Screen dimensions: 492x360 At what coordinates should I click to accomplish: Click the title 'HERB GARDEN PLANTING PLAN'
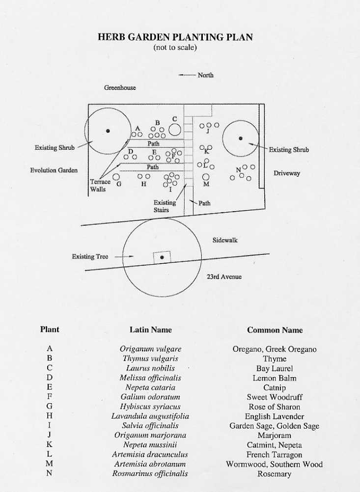coord(175,38)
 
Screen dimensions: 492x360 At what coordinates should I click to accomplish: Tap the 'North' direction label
coord(205,75)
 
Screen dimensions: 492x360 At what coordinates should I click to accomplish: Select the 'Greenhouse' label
coord(120,88)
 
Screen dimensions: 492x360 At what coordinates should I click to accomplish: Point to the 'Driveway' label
coord(287,173)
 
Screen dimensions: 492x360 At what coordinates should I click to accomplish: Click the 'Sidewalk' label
coord(225,240)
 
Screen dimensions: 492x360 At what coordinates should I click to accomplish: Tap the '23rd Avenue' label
coord(224,276)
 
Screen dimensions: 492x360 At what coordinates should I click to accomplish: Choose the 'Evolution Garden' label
coord(54,170)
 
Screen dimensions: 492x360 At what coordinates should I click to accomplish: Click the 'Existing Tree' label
coord(90,256)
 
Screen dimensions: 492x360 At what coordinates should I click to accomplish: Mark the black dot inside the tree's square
coord(162,257)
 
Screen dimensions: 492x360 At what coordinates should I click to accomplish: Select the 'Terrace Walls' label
coord(100,186)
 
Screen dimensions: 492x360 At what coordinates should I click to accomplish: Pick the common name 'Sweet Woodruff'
coord(275,397)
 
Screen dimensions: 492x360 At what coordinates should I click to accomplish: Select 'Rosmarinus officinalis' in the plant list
coord(150,474)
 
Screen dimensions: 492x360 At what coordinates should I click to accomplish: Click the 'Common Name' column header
coord(275,330)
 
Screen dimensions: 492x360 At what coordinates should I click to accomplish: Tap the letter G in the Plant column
coord(50,407)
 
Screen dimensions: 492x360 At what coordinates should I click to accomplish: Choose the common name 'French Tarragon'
coord(275,455)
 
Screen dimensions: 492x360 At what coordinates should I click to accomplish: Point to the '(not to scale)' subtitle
coord(175,48)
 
